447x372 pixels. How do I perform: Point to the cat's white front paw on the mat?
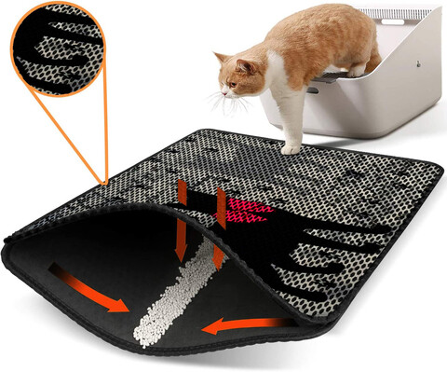tap(291, 146)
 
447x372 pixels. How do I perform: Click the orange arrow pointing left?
tap(233, 323)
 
